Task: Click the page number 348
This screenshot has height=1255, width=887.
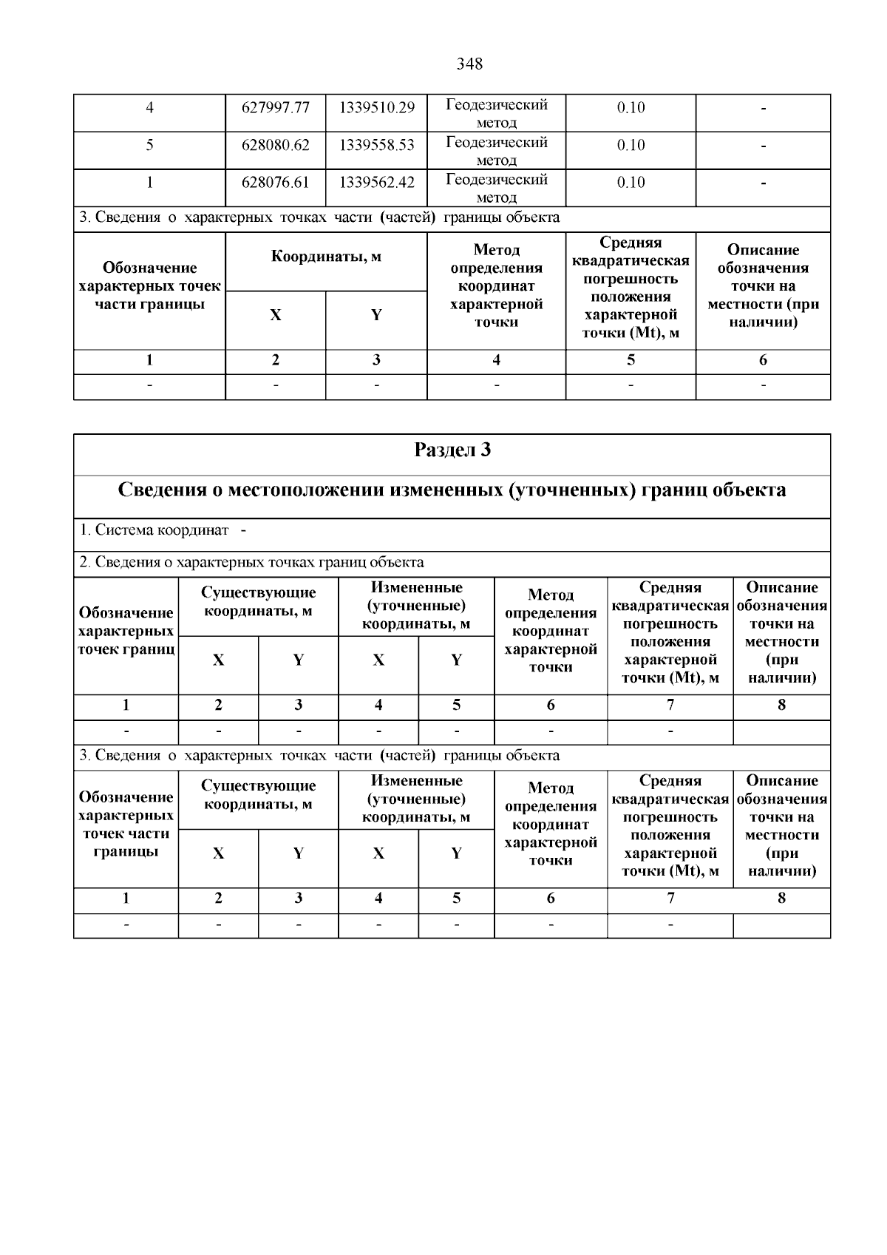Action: pos(469,64)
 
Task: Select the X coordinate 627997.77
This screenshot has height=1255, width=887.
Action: pos(275,108)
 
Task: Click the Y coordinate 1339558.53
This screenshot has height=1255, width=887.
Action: pos(376,145)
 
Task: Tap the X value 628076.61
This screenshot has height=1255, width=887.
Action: pos(275,183)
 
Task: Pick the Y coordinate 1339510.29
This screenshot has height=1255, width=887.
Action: pos(376,108)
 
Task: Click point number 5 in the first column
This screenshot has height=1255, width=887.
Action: pos(149,145)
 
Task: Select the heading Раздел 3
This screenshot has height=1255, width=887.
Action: pos(452,450)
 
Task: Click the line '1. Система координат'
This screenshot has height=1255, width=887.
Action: pos(154,530)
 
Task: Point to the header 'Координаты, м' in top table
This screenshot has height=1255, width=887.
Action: pos(326,257)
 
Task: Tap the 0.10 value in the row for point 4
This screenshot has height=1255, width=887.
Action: pos(631,108)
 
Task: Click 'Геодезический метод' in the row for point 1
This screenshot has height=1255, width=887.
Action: pos(497,189)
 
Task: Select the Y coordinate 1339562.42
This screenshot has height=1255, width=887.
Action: pos(376,183)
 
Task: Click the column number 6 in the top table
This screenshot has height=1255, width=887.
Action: pos(763,360)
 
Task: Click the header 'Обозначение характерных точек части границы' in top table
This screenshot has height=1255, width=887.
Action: pos(149,286)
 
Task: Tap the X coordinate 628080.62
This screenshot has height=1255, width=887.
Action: pos(275,145)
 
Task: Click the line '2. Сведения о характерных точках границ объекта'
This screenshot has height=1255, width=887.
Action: pos(251,563)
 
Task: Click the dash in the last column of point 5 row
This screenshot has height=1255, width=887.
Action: pos(763,146)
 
